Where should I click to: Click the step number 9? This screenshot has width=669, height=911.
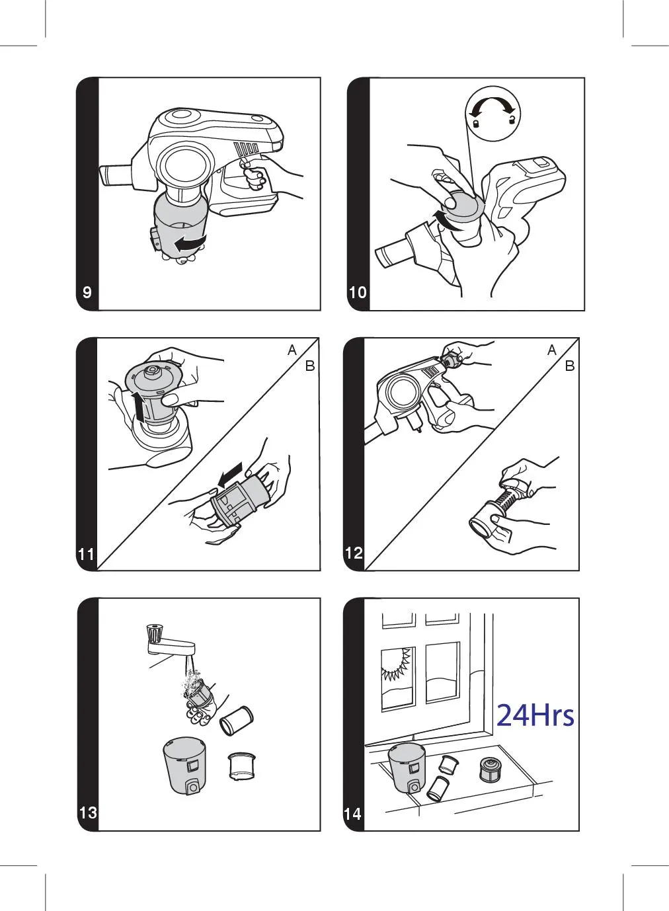87,292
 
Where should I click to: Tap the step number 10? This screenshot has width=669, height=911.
358,292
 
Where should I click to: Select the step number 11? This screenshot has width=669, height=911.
86,554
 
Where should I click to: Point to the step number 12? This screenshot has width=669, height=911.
354,553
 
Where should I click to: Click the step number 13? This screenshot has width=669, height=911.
88,812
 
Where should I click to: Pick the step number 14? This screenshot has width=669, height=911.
352,814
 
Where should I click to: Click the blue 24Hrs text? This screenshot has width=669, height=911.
535,715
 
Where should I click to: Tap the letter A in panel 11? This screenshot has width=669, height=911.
292,350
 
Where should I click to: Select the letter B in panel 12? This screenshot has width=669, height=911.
570,366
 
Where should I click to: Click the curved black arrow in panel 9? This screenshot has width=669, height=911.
190,243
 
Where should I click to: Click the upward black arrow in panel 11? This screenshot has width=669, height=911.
139,407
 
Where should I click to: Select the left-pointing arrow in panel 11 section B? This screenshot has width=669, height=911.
229,475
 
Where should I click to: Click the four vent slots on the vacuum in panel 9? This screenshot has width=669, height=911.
246,148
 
